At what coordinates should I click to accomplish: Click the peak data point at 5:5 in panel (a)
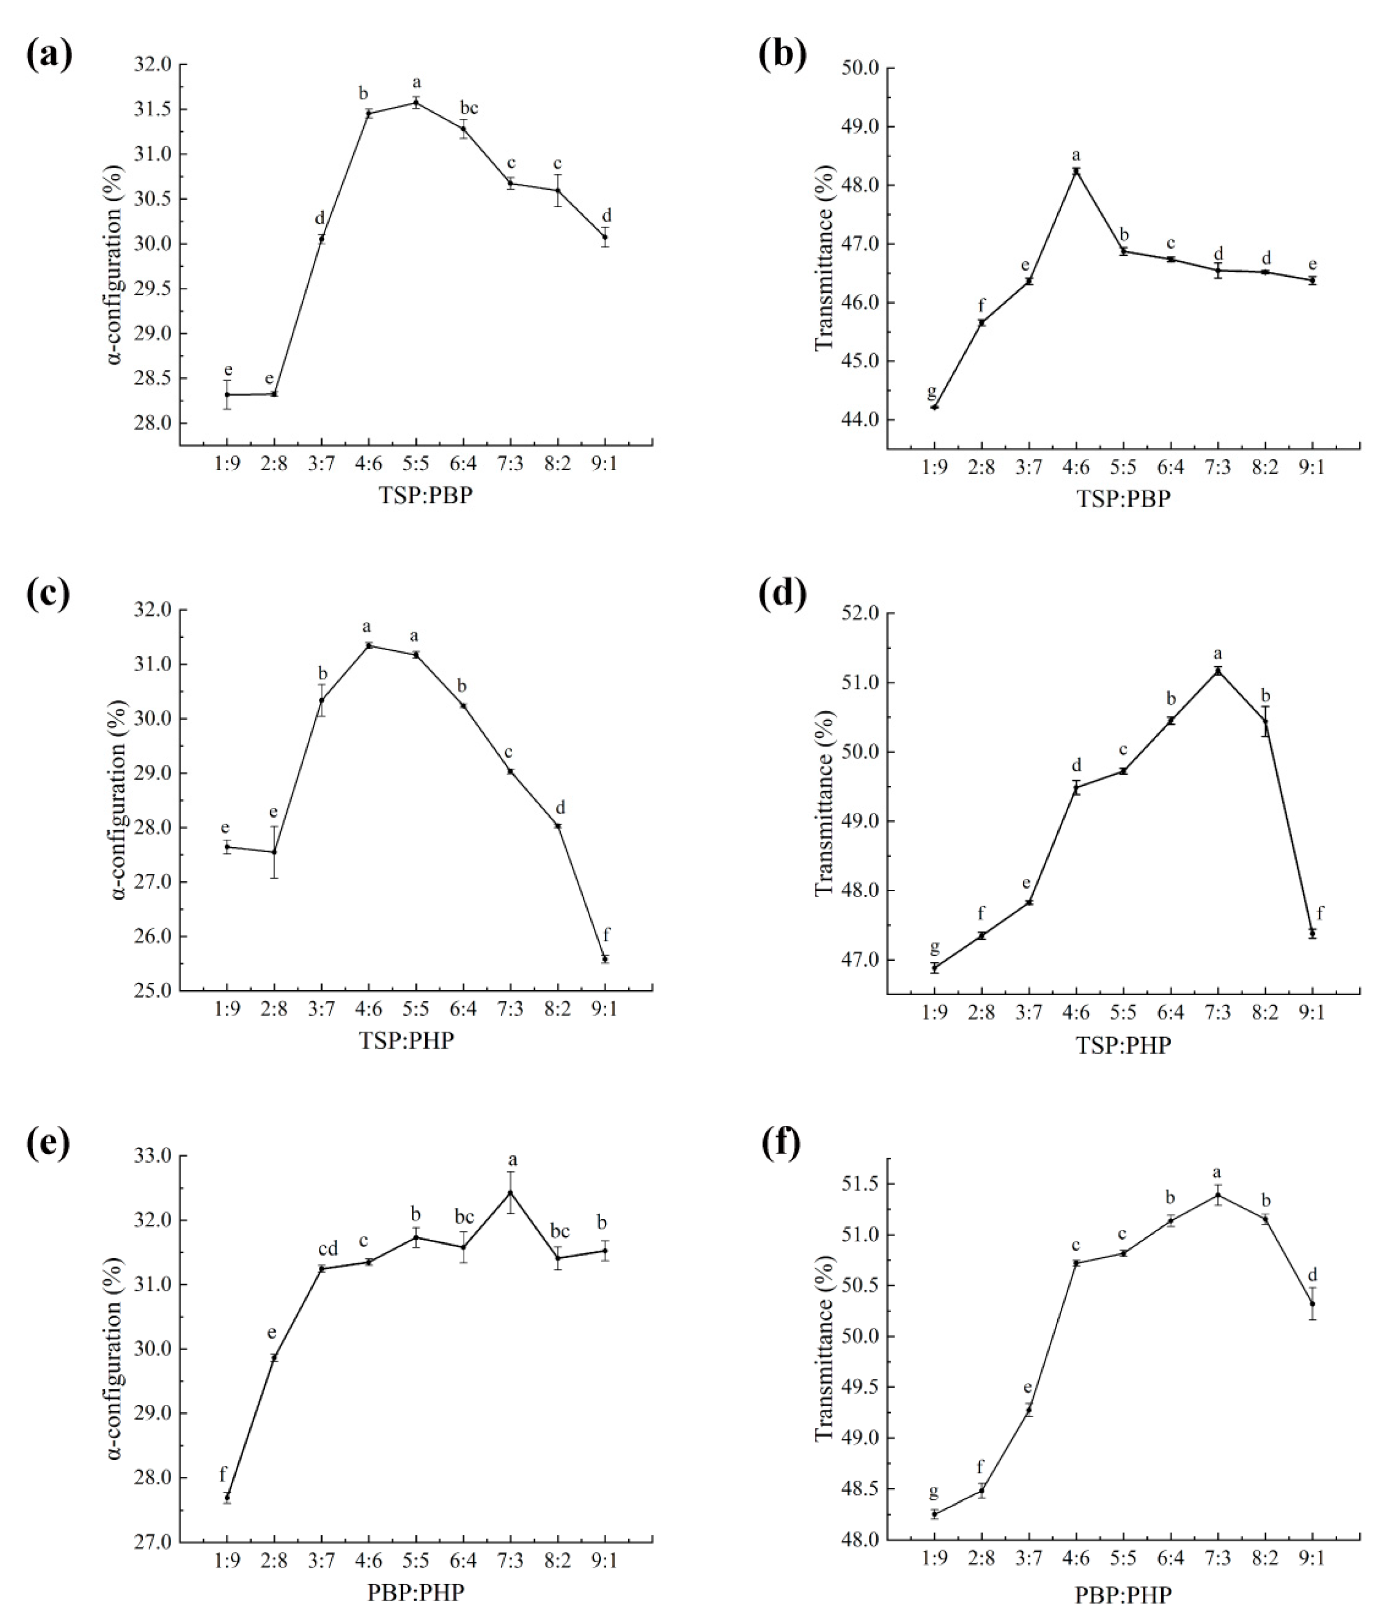click(416, 102)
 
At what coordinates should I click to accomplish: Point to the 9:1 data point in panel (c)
click(605, 959)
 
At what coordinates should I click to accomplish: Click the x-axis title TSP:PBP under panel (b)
click(1124, 499)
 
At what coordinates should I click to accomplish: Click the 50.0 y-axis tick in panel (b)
click(861, 68)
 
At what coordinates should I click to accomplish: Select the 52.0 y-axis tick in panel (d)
click(861, 614)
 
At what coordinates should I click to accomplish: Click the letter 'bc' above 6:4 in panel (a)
click(468, 108)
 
